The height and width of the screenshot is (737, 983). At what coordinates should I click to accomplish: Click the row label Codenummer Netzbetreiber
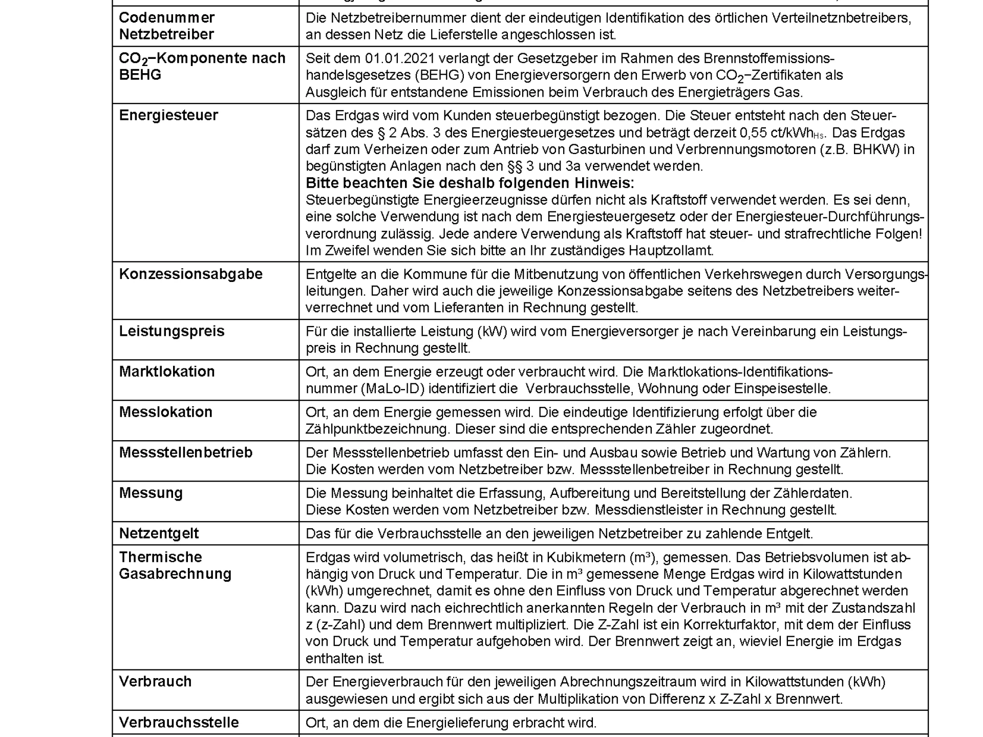(166, 26)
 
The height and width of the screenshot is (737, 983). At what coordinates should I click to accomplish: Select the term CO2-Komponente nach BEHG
(202, 66)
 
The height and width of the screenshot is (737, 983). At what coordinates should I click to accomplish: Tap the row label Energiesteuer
(168, 115)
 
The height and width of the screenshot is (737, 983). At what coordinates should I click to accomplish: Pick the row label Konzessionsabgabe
(190, 274)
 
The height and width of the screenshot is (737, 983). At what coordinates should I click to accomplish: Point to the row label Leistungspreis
(172, 331)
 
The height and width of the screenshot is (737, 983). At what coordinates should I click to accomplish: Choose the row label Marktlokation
(167, 372)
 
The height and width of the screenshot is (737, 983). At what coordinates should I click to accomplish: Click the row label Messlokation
(165, 412)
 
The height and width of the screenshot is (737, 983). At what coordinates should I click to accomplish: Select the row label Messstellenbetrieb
(185, 452)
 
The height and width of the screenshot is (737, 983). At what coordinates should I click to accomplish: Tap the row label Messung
(151, 493)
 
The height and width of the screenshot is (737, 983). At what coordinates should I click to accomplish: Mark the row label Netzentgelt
(159, 533)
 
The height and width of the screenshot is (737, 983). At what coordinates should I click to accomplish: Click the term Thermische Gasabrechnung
(175, 565)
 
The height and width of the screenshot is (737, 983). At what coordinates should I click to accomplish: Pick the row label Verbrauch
(155, 682)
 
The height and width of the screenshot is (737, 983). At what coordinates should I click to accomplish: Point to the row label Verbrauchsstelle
(179, 723)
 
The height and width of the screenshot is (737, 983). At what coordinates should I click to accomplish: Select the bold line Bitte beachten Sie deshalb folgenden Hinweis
(469, 183)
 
